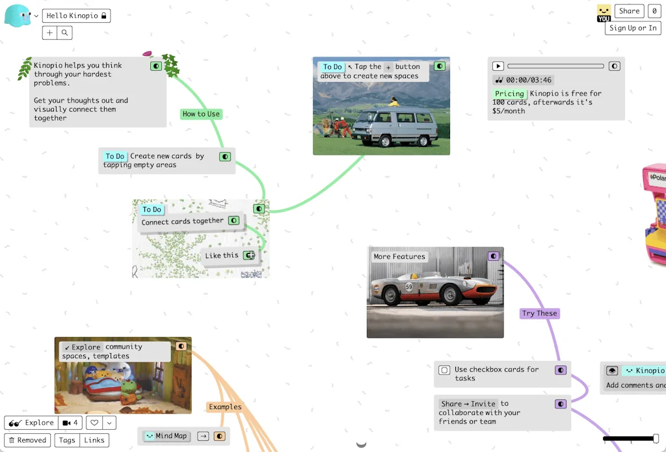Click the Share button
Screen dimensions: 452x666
click(629, 10)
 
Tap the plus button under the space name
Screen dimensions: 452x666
click(50, 33)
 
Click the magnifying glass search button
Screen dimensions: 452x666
click(65, 33)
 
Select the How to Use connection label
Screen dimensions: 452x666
click(201, 114)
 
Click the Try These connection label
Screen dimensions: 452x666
click(540, 313)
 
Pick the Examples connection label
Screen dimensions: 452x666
click(225, 407)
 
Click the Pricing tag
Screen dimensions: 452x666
click(509, 94)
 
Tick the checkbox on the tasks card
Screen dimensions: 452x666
click(444, 370)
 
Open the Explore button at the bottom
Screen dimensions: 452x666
click(31, 423)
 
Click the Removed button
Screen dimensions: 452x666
click(27, 440)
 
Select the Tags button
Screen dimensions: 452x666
click(67, 440)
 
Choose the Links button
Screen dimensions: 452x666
click(94, 440)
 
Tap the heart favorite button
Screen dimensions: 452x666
click(95, 423)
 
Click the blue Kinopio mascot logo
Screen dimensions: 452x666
click(17, 16)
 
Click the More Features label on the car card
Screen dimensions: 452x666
click(399, 257)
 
